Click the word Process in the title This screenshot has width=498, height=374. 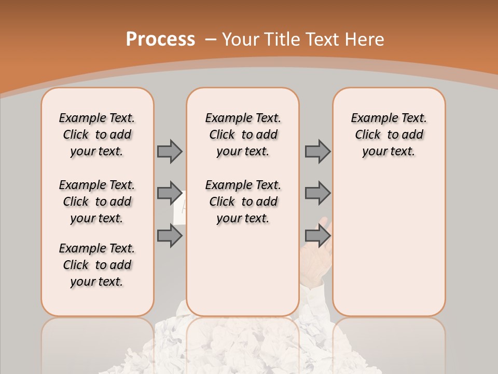click(x=160, y=39)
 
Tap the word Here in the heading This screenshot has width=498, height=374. click(x=364, y=39)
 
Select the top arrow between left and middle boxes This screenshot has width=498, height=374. click(x=170, y=151)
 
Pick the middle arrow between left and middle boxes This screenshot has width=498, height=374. click(x=170, y=193)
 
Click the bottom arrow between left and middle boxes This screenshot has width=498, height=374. click(x=170, y=235)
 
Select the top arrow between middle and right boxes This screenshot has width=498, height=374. click(x=317, y=151)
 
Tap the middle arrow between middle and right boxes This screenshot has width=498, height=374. click(x=317, y=193)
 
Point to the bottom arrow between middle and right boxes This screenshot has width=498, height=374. click(x=317, y=235)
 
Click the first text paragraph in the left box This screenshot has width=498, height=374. click(x=97, y=135)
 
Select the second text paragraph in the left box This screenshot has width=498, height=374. click(x=97, y=202)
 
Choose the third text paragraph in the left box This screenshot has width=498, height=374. click(x=97, y=265)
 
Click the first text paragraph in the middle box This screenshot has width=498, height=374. click(x=243, y=135)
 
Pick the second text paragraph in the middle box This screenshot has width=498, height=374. click(x=243, y=202)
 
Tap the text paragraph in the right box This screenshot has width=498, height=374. click(x=389, y=135)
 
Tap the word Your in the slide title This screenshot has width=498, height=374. click(x=240, y=39)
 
